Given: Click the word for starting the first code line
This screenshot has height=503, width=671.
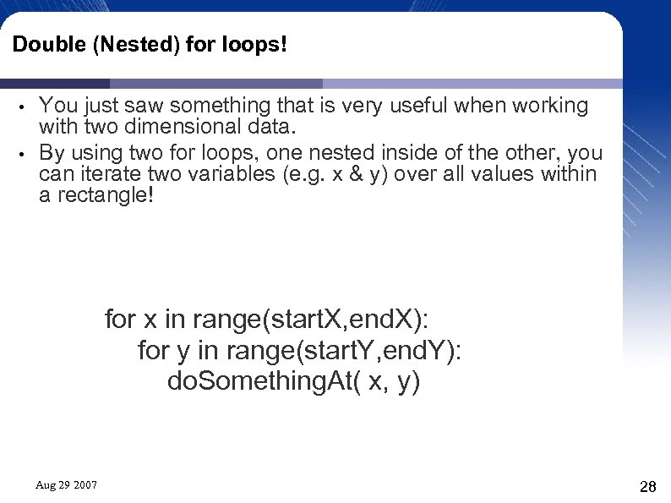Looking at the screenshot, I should pyautogui.click(x=120, y=320).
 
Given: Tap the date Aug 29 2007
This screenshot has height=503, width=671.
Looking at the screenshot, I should pyautogui.click(x=66, y=485).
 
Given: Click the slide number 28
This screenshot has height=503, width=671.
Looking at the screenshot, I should pyautogui.click(x=648, y=487).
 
